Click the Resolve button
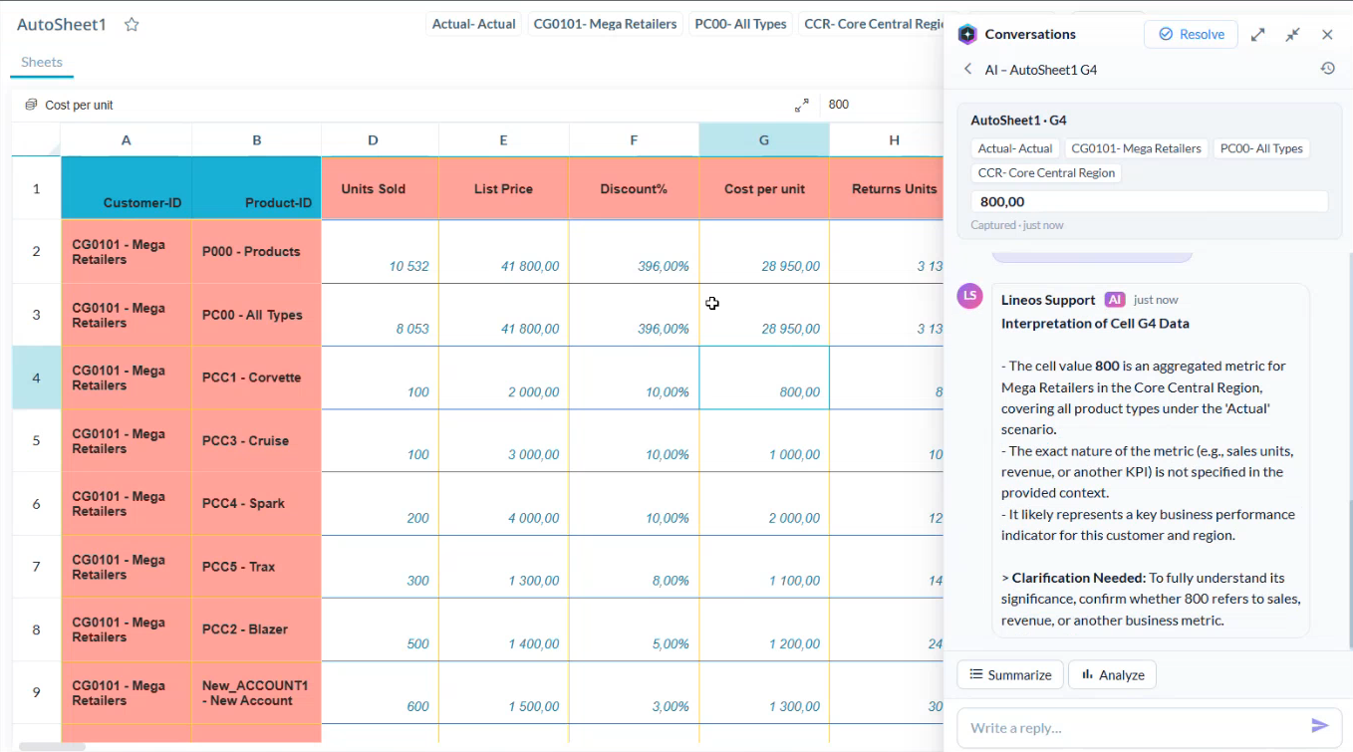(x=1191, y=35)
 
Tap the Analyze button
(x=1112, y=674)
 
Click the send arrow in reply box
(x=1319, y=725)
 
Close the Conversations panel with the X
(x=1327, y=35)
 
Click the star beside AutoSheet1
(x=132, y=25)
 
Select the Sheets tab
(x=42, y=62)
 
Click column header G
(x=764, y=140)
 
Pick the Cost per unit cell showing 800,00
(x=764, y=377)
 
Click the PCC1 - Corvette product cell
(x=256, y=377)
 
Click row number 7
(x=36, y=567)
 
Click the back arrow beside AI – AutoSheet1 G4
(x=967, y=69)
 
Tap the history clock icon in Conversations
(x=1327, y=69)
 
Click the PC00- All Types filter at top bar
(x=740, y=24)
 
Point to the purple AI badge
(x=1115, y=300)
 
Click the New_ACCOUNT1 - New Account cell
(x=256, y=693)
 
